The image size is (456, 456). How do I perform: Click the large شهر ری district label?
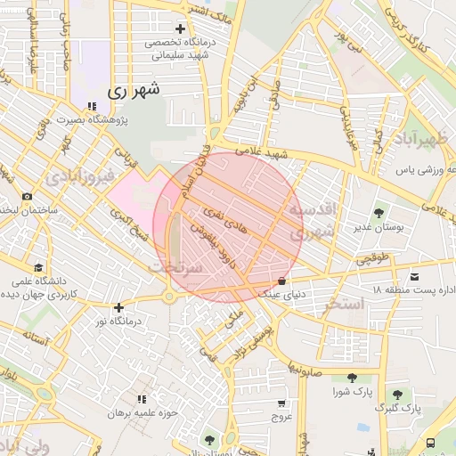[x=134, y=91]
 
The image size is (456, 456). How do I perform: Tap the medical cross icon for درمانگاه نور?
[x=118, y=307]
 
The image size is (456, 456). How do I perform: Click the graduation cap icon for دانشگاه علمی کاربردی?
[x=37, y=268]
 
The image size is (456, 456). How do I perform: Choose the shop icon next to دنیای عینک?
[x=282, y=280]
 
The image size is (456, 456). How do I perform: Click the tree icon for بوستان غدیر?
[x=380, y=213]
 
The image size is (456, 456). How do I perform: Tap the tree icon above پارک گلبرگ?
[x=398, y=394]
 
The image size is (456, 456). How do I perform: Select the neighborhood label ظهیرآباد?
[x=417, y=139]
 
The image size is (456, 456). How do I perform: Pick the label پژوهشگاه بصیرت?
[x=91, y=118]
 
